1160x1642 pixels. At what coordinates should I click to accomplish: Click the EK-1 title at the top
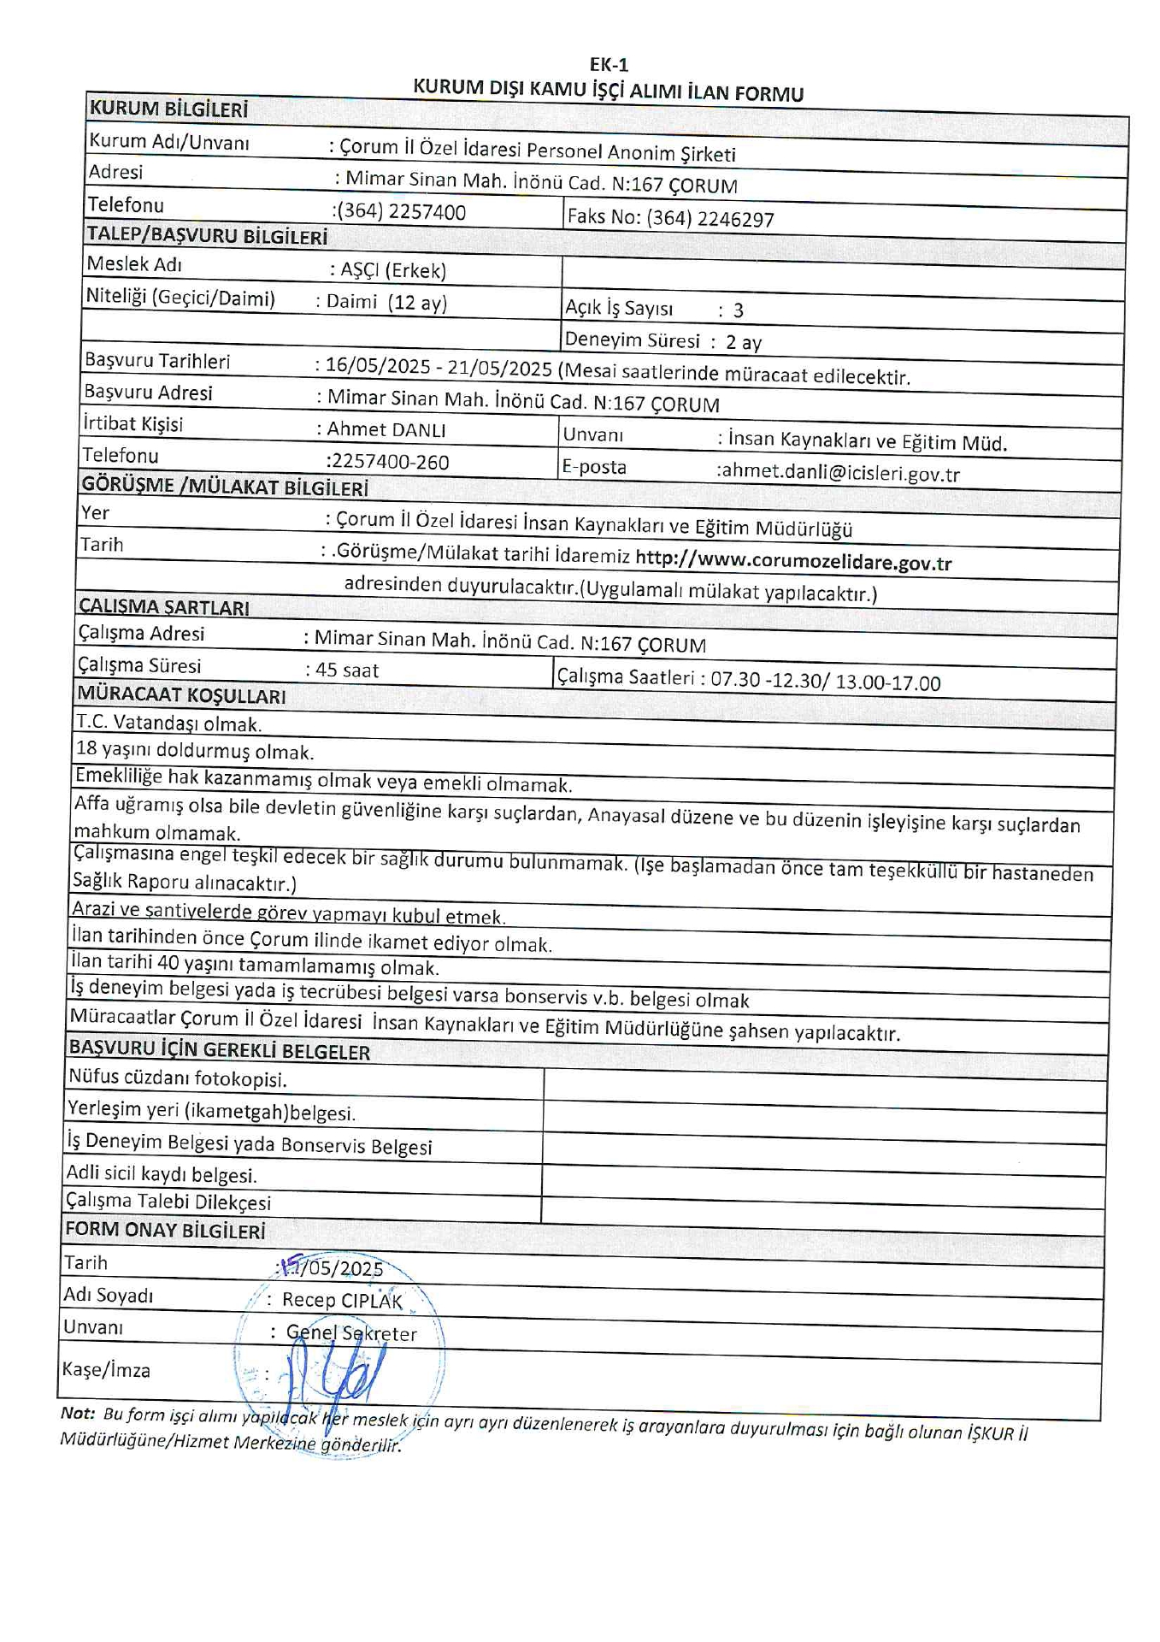click(x=609, y=64)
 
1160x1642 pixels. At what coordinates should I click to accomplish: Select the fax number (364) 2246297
click(x=710, y=219)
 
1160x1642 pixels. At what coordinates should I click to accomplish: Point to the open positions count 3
click(x=738, y=310)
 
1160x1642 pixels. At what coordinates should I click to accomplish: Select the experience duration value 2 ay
click(x=744, y=343)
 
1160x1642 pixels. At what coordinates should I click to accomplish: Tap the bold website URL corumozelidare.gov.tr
click(x=793, y=561)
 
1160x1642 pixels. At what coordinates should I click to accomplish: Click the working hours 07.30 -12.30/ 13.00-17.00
click(x=825, y=682)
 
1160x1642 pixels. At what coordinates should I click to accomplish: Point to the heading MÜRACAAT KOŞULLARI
click(x=181, y=695)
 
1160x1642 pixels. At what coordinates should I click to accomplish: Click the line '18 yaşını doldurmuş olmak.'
click(x=195, y=751)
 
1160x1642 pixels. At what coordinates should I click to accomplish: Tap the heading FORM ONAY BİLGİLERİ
click(x=165, y=1231)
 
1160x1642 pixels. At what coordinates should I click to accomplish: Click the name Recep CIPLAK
click(x=342, y=1301)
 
